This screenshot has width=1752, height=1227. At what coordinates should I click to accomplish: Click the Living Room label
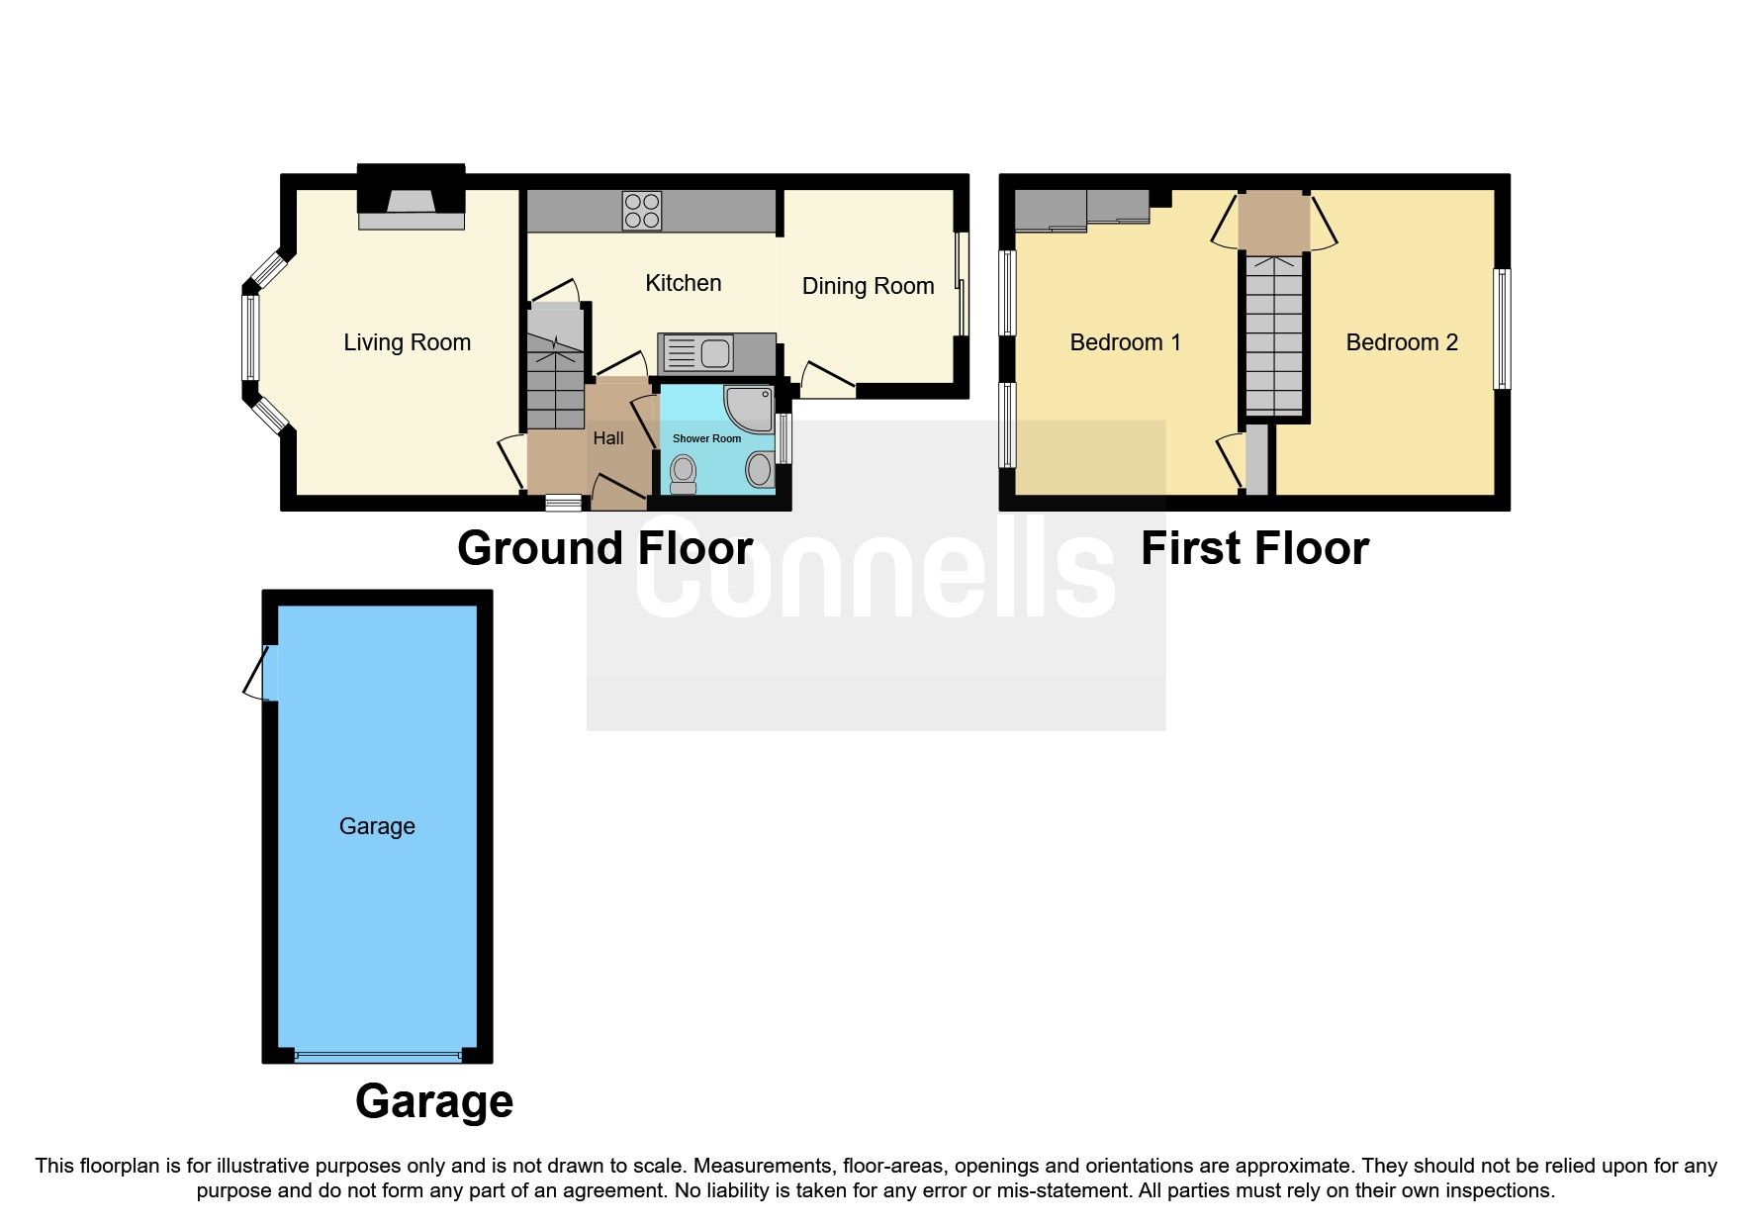[x=407, y=342]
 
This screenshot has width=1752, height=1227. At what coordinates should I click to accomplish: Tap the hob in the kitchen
[x=642, y=210]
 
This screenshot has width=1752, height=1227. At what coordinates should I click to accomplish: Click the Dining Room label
[x=868, y=286]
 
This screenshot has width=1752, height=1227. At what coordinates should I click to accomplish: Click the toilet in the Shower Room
[x=683, y=474]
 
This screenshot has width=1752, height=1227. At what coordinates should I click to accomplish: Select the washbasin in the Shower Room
[x=760, y=469]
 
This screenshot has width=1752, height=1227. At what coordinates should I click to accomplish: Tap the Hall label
[x=607, y=438]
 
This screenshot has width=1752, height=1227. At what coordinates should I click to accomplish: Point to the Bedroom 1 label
[x=1125, y=342]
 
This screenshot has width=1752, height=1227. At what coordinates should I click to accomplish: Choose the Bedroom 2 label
[x=1401, y=342]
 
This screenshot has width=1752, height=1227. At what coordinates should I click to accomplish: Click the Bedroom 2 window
[x=1502, y=329]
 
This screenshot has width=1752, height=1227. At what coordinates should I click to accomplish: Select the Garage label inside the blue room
[x=377, y=826]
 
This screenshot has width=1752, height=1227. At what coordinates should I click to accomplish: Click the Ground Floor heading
[x=604, y=548]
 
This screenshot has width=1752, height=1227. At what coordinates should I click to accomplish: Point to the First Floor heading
[x=1253, y=548]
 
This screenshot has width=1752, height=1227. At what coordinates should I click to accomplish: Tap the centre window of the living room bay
[x=250, y=337]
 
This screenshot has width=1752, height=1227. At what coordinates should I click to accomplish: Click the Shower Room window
[x=784, y=438]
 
